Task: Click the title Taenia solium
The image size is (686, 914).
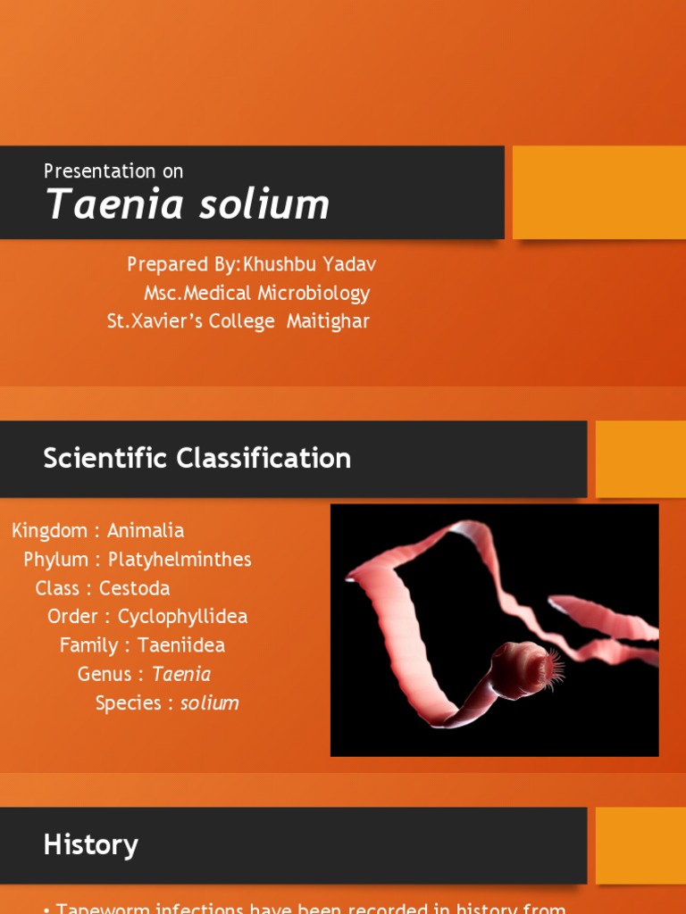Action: [x=188, y=204]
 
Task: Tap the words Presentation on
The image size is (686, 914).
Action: [x=113, y=170]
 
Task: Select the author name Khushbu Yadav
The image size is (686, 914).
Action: [x=315, y=264]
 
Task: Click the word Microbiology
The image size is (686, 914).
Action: [x=314, y=293]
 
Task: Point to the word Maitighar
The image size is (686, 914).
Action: [x=328, y=321]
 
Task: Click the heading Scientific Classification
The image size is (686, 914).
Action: [x=197, y=458]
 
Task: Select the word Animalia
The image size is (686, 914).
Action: [x=146, y=530]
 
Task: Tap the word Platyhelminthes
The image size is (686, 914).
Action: [x=180, y=560]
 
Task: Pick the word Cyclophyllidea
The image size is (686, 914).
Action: [x=182, y=617]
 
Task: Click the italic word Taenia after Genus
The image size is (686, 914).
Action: [x=181, y=674]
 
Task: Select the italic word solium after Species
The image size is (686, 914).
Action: [x=210, y=702]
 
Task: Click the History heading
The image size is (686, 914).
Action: [x=90, y=844]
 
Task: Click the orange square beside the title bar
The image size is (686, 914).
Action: [x=598, y=192]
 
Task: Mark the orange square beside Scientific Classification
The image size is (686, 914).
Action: [x=640, y=459]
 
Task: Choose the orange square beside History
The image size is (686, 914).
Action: [x=640, y=845]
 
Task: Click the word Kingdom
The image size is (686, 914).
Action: [x=49, y=530]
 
